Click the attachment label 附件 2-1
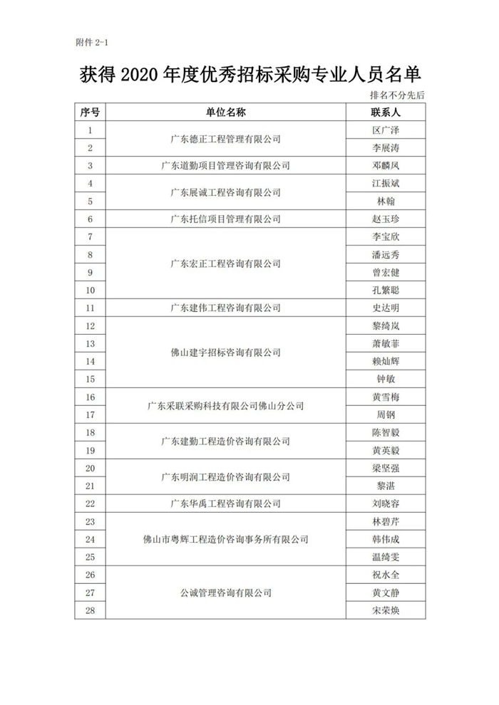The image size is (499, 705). (91, 43)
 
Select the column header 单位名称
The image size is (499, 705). (226, 113)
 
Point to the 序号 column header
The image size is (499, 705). (90, 113)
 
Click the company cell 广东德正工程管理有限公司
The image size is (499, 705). (226, 139)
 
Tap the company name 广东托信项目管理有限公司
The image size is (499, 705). (226, 219)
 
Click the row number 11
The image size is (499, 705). (90, 308)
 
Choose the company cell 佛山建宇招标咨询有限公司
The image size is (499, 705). (226, 352)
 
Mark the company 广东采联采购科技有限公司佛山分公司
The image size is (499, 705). (226, 405)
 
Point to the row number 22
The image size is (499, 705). (90, 503)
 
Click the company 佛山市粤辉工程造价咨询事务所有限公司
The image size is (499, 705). (226, 539)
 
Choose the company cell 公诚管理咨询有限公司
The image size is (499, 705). (226, 592)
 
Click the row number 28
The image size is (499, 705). (90, 610)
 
